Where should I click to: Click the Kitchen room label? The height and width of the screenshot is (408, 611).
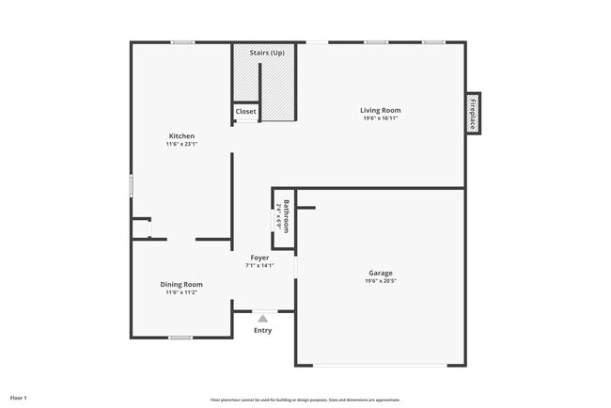[x=181, y=136]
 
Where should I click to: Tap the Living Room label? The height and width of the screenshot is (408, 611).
[x=380, y=111]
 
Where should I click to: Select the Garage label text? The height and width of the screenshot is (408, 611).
[x=380, y=274]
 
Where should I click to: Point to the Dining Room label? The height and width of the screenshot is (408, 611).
[x=180, y=284]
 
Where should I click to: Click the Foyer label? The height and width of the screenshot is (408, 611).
[x=259, y=258]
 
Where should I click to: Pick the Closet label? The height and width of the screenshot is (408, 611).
[x=245, y=112]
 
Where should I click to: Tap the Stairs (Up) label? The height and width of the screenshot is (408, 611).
[x=267, y=53]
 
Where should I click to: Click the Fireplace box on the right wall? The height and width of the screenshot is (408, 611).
[x=473, y=113]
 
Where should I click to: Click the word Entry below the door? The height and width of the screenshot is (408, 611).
[x=262, y=330]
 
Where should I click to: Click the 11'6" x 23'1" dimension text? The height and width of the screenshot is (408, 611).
[x=181, y=145]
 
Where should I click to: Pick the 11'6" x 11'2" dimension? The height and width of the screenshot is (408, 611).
[x=180, y=292]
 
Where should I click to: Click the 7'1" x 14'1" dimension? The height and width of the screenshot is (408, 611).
[x=259, y=266]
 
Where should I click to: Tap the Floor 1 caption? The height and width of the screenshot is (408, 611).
[x=19, y=398]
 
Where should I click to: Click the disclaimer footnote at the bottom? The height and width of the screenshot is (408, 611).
[x=305, y=399]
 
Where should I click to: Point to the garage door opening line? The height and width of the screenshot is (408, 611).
[x=380, y=365]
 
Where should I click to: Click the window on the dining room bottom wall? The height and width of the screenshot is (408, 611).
[x=180, y=337]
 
